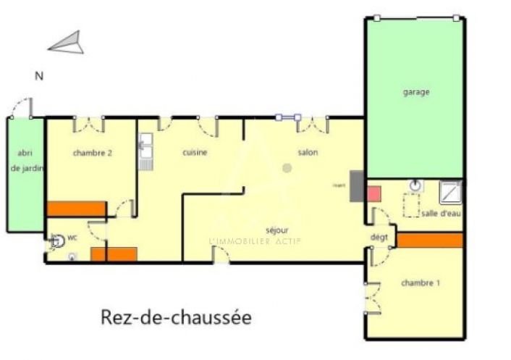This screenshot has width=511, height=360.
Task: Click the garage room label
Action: pos(416,92)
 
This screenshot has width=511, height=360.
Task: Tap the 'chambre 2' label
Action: pos(92,153)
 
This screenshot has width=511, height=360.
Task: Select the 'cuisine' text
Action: pos(195,153)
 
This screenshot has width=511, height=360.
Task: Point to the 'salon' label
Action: pos(308,153)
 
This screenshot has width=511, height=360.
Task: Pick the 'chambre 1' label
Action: pos(421,283)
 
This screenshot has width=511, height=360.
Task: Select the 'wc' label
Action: pos(72,237)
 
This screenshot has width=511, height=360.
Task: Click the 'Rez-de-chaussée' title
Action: pos(176,317)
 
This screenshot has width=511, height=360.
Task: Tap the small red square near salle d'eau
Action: pos(373,193)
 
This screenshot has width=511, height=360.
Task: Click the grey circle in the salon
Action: pos(287,169)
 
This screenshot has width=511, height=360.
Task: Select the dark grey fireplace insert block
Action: pos(356,184)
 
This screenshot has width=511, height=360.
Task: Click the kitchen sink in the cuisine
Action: pos(145,148)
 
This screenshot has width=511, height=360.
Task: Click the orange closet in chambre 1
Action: pos(429,240)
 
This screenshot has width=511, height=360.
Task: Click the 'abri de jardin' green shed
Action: pos(25,174)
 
